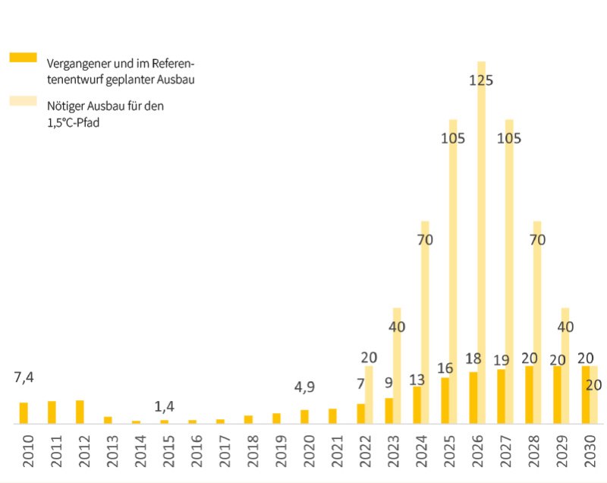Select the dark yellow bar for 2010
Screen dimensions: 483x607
pyautogui.click(x=24, y=412)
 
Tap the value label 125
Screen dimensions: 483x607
pyautogui.click(x=481, y=80)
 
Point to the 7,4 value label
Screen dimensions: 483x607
pyautogui.click(x=24, y=377)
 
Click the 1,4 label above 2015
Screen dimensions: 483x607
pyautogui.click(x=164, y=406)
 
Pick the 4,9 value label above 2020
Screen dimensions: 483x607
pyautogui.click(x=304, y=387)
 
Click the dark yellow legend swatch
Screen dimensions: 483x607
pyautogui.click(x=23, y=58)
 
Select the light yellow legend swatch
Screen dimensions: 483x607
pyautogui.click(x=23, y=101)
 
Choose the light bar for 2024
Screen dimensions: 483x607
pyautogui.click(x=425, y=319)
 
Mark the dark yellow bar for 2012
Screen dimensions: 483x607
pyautogui.click(x=80, y=412)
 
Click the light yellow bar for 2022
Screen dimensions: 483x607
pyautogui.click(x=369, y=395)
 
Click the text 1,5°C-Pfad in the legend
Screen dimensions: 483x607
pyautogui.click(x=73, y=122)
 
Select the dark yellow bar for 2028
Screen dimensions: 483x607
pyautogui.click(x=529, y=395)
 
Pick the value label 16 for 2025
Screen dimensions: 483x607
pyautogui.click(x=445, y=368)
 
